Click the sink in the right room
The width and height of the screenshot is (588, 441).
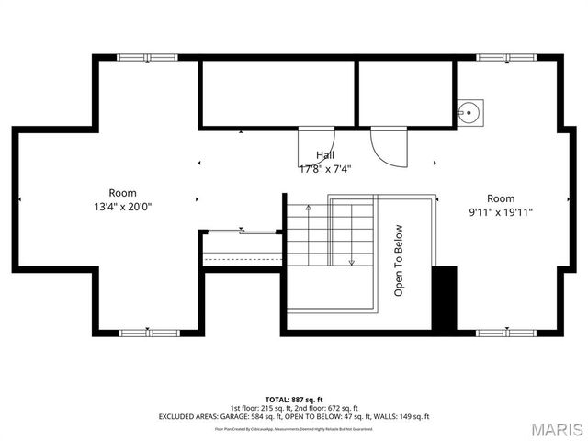tap(469, 113)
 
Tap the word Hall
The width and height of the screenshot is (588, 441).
tap(325, 155)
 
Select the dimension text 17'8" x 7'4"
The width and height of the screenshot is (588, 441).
tap(325, 168)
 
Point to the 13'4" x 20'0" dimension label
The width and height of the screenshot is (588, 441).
tap(123, 207)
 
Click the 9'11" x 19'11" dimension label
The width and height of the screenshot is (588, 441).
tap(501, 211)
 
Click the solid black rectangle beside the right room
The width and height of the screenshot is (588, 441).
tap(444, 298)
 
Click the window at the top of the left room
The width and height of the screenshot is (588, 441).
tap(147, 58)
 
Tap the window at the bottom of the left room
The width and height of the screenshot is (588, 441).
tap(147, 332)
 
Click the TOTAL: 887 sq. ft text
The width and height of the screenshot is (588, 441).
tap(293, 400)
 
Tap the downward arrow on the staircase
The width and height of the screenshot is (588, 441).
tap(351, 260)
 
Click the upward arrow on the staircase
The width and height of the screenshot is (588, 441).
tap(309, 209)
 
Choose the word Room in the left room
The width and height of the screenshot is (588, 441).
tap(123, 193)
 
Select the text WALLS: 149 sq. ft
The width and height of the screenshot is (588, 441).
tap(401, 416)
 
